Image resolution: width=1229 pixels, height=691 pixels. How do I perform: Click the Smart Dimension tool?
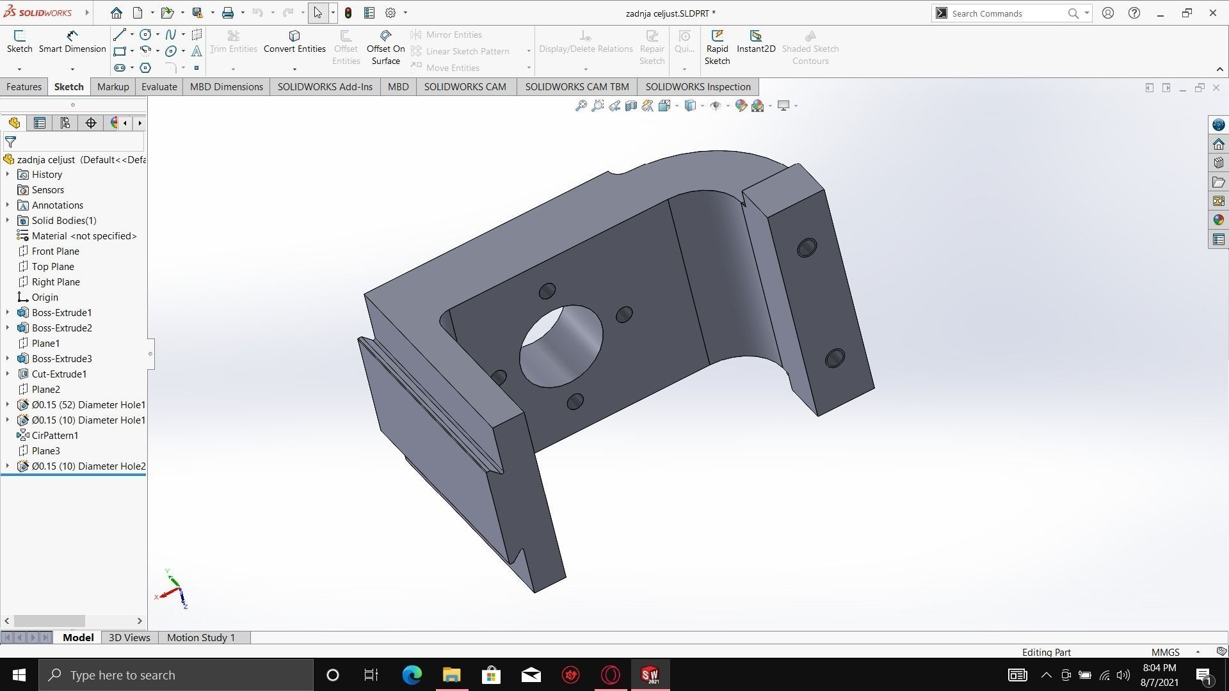click(x=72, y=42)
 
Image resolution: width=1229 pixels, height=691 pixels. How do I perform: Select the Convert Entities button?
click(x=294, y=42)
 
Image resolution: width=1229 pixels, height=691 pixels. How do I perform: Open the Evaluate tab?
click(x=159, y=87)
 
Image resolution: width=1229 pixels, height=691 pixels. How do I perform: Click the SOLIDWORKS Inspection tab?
click(x=698, y=87)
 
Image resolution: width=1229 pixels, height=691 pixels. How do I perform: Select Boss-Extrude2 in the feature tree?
click(x=61, y=328)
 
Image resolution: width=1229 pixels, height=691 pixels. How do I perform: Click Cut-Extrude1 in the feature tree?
click(x=59, y=374)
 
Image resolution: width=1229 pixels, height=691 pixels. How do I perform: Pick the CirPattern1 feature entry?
click(x=55, y=436)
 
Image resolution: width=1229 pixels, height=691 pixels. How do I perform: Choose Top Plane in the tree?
click(x=52, y=267)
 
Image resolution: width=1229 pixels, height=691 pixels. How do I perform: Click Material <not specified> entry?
click(x=84, y=236)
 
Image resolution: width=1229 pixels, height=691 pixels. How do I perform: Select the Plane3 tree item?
click(x=45, y=451)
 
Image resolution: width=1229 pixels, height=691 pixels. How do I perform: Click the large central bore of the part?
click(x=561, y=346)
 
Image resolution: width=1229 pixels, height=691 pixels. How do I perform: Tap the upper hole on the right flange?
click(x=807, y=248)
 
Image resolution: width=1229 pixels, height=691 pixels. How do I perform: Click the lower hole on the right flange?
click(x=835, y=358)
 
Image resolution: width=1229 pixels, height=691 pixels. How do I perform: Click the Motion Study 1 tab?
click(x=201, y=638)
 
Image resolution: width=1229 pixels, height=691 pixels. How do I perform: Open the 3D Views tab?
click(x=129, y=638)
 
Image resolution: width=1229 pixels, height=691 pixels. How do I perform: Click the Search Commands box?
click(x=1005, y=13)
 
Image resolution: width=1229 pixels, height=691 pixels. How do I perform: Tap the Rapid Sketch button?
click(x=717, y=47)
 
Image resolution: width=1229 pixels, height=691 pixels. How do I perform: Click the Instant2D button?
click(x=756, y=42)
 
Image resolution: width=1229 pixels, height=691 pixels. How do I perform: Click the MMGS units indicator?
click(x=1165, y=653)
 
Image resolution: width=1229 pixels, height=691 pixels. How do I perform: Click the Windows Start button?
click(x=19, y=675)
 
